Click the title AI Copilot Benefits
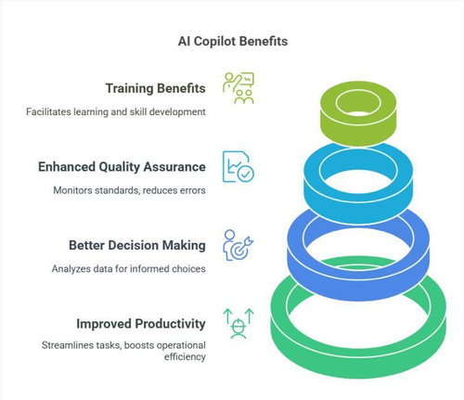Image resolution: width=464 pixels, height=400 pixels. [x=233, y=41]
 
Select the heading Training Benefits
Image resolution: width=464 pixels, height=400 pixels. [x=155, y=88]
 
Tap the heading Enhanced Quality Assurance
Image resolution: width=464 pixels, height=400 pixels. [x=122, y=167]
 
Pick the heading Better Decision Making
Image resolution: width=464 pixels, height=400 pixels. [x=137, y=245]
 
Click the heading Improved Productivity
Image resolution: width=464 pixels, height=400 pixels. [x=141, y=324]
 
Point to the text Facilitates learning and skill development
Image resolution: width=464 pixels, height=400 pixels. [x=116, y=111]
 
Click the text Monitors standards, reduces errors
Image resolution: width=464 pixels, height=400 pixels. [x=129, y=190]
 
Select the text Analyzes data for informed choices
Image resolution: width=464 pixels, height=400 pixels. [x=129, y=268]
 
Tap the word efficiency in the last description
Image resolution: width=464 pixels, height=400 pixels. [x=185, y=356]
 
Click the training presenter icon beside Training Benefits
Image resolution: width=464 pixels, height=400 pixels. [x=238, y=88]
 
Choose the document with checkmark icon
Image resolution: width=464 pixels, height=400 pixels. [x=238, y=167]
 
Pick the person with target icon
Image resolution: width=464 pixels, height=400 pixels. [x=238, y=245]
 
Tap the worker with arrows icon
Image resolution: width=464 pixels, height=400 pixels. [x=238, y=324]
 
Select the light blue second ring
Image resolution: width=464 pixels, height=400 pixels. [x=358, y=204]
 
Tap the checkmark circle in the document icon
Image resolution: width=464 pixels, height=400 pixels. [x=246, y=174]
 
